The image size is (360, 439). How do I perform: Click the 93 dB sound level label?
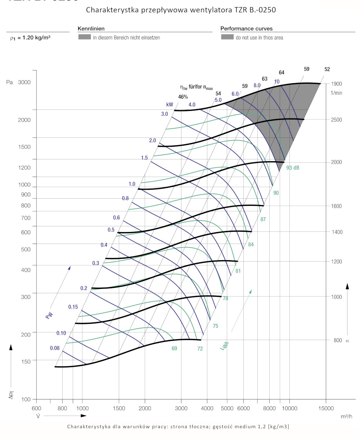tap(293, 168)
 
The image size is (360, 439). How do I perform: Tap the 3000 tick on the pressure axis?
tap(24, 82)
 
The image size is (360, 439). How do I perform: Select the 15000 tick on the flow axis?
tap(326, 408)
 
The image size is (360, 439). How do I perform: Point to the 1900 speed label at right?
tap(336, 84)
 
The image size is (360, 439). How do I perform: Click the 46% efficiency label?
tap(183, 97)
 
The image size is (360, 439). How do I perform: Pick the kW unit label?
tap(170, 105)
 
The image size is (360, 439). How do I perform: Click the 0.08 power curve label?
tap(55, 348)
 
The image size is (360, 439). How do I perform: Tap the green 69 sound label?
tap(174, 348)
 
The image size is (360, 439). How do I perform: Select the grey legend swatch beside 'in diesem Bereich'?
tap(84, 37)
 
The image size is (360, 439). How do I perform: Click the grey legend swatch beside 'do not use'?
tap(227, 37)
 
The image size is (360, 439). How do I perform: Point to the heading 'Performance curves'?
tap(246, 28)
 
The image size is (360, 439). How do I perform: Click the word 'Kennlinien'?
tap(91, 28)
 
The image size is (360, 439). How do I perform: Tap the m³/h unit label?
tap(346, 416)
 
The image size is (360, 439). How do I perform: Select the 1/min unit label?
tap(336, 93)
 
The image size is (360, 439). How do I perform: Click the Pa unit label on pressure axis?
tap(9, 82)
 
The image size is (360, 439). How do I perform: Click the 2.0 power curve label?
tap(152, 140)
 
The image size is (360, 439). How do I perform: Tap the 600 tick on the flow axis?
tap(36, 408)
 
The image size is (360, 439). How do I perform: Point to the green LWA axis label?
tap(224, 346)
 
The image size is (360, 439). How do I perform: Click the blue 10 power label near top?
tap(276, 82)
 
